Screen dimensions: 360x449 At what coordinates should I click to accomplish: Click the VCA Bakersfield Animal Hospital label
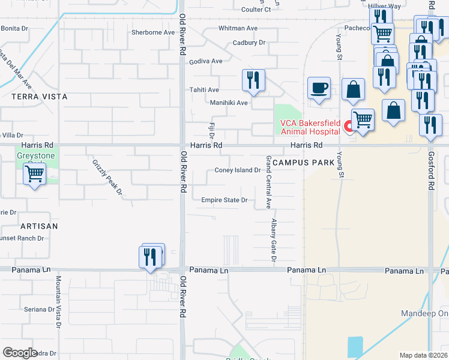tap(310, 128)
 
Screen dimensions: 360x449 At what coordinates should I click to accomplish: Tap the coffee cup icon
tap(319, 88)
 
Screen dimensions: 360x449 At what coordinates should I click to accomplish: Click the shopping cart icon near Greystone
tap(35, 174)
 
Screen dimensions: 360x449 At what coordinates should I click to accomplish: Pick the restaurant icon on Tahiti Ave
tap(253, 80)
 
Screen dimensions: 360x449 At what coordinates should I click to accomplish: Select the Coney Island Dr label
tap(237, 170)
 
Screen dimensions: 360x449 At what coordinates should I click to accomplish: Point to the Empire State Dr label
tap(224, 200)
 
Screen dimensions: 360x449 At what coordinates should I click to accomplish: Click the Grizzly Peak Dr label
tap(107, 178)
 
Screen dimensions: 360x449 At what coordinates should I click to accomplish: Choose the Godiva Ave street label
tap(206, 62)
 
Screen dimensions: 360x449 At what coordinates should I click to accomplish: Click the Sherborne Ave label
tap(152, 33)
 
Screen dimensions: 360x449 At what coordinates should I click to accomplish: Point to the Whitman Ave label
tap(238, 28)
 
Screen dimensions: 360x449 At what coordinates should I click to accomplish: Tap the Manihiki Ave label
tap(229, 103)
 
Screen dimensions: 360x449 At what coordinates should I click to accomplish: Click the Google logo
tap(20, 353)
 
